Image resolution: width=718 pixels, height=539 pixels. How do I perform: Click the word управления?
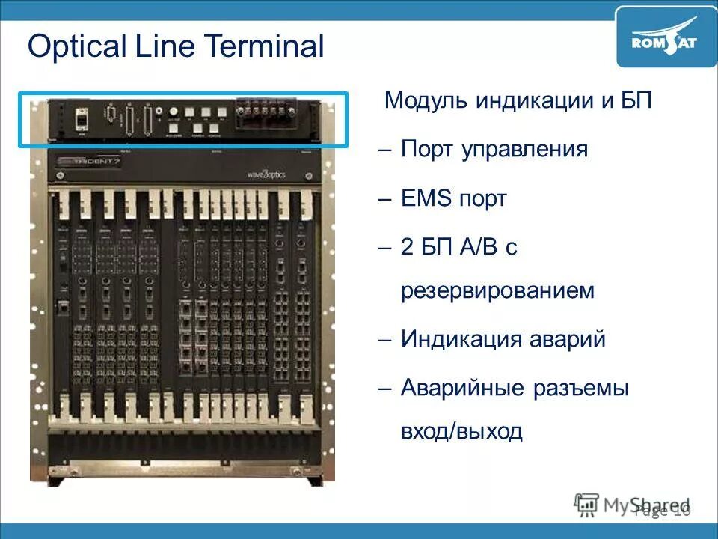pos(524,149)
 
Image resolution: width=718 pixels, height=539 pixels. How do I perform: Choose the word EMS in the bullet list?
pos(427,198)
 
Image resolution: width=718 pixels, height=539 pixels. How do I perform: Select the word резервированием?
pos(497,290)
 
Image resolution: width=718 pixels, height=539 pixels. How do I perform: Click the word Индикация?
pos(456,339)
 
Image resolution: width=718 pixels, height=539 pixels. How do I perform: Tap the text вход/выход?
pos(461,432)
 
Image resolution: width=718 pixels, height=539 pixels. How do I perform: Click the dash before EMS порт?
pos(385,199)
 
